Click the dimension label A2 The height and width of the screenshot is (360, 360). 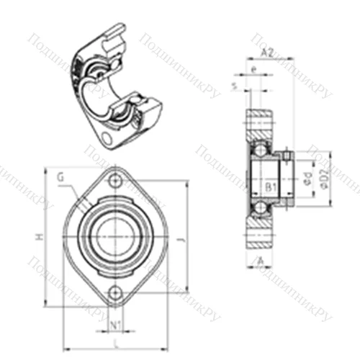click(x=266, y=52)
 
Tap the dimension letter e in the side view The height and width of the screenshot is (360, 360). click(x=255, y=69)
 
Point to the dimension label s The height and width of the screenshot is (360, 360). click(x=235, y=86)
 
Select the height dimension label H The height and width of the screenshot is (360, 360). click(x=41, y=238)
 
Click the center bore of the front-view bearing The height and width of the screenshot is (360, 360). click(x=115, y=237)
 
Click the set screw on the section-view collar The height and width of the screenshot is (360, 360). click(x=287, y=154)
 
